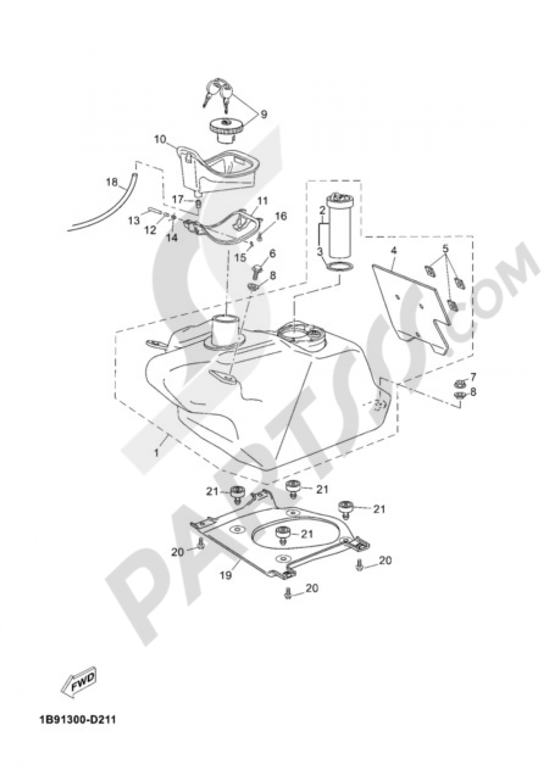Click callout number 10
tap(160, 139)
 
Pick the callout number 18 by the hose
tap(112, 182)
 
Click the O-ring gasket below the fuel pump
tap(339, 267)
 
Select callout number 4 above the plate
tap(393, 250)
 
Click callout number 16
tap(281, 216)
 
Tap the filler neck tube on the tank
tap(225, 330)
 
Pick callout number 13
tap(134, 220)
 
